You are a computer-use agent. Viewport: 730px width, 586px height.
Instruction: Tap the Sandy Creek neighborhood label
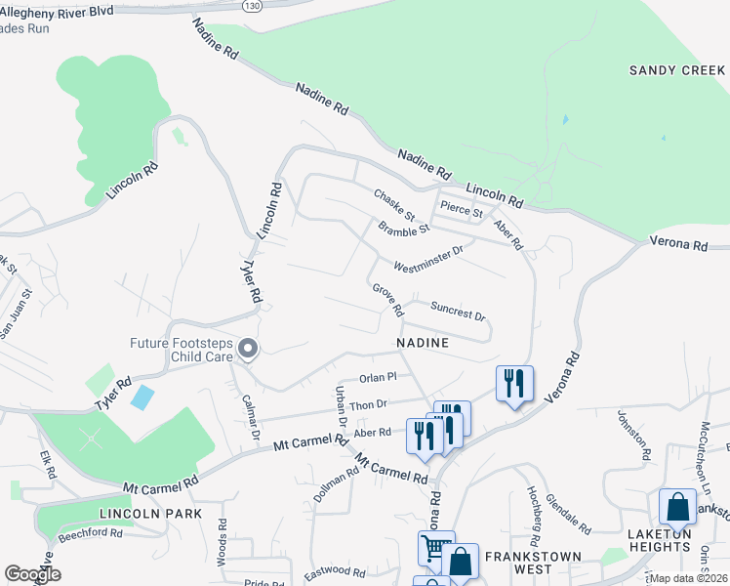[x=676, y=70]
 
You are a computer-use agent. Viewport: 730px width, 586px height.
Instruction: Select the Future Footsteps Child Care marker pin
[x=248, y=349]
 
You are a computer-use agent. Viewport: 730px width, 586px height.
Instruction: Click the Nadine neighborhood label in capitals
[x=423, y=343]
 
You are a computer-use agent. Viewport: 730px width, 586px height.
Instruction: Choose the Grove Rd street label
[x=387, y=300]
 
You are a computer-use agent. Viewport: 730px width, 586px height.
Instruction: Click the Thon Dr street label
[x=369, y=403]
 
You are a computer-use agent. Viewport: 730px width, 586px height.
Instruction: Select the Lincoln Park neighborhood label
[x=149, y=513]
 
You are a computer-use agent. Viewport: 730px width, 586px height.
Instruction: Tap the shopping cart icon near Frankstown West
[x=435, y=547]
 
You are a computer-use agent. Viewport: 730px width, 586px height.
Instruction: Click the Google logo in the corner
[x=32, y=574]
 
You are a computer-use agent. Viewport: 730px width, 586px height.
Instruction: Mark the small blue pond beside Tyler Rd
[x=142, y=397]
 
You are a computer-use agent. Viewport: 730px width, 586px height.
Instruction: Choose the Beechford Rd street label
[x=89, y=533]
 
